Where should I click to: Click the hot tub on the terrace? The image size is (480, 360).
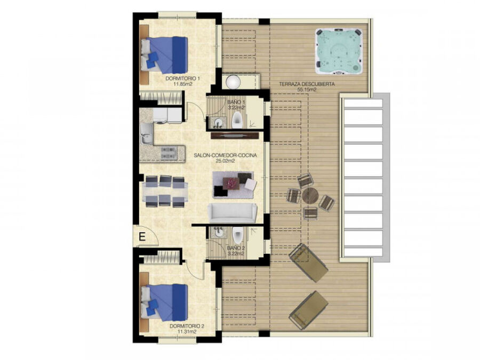click(339, 51)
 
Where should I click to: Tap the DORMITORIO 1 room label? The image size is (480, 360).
click(183, 79)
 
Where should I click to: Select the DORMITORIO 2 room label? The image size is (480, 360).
click(187, 326)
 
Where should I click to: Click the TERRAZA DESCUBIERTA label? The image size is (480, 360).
click(307, 84)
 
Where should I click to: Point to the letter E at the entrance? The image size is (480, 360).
click(142, 237)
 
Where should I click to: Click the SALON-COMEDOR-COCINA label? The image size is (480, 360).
click(225, 156)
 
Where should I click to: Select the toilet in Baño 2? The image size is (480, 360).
click(237, 235)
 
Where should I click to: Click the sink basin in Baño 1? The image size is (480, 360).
click(218, 123)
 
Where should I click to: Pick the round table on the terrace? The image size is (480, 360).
click(310, 196)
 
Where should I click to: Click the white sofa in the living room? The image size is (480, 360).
click(233, 212)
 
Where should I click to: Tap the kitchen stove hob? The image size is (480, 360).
click(169, 153)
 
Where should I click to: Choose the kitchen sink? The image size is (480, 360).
click(147, 134)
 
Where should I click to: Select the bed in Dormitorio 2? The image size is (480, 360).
click(164, 302)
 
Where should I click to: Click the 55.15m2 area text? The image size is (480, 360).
click(307, 90)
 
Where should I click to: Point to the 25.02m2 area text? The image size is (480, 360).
click(225, 161)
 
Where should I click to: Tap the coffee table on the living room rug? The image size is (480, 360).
click(231, 183)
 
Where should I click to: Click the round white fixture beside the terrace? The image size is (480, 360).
click(234, 82)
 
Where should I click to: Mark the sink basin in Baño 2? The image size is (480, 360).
click(219, 232)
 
